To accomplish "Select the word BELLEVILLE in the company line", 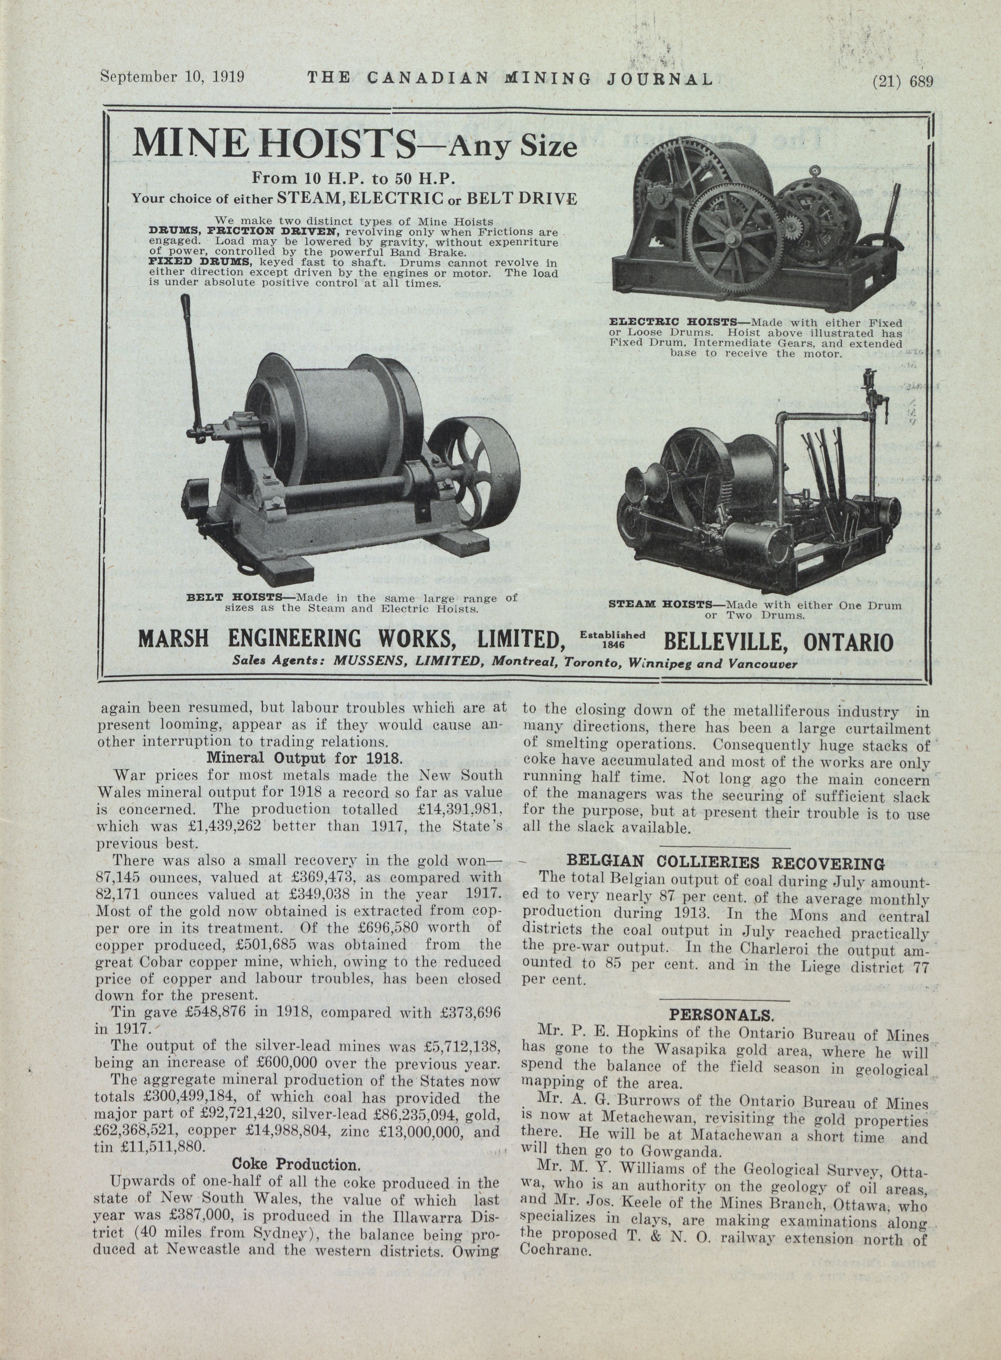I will [x=722, y=641].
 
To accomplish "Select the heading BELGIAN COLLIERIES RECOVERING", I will [x=725, y=863].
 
